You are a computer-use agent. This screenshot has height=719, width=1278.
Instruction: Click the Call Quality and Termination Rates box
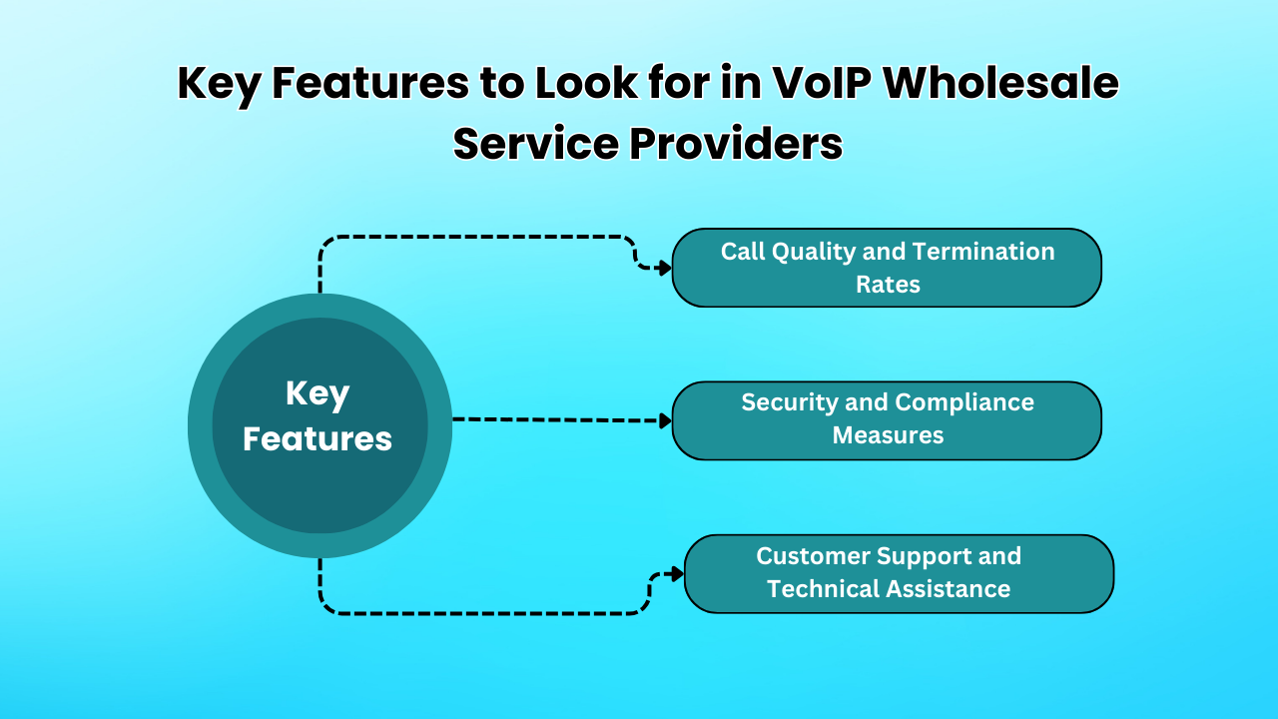(887, 268)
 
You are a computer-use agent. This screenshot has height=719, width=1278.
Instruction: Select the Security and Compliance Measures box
(887, 420)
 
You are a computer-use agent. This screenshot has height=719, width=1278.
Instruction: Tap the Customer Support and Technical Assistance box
(899, 574)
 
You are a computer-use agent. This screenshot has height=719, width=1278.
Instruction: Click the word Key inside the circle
(318, 393)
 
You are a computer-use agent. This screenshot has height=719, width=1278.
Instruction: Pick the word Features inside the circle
(318, 438)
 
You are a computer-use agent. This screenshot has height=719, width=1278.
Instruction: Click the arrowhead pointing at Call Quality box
(665, 268)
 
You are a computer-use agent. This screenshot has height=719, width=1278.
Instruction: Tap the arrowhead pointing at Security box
(665, 420)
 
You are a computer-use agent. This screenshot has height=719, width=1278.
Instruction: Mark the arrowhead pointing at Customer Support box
(677, 574)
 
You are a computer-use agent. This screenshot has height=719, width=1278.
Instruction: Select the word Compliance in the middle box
(963, 402)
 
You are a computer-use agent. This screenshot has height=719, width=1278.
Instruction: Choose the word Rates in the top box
(888, 285)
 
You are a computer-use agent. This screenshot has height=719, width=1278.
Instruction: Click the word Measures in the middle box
(888, 435)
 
